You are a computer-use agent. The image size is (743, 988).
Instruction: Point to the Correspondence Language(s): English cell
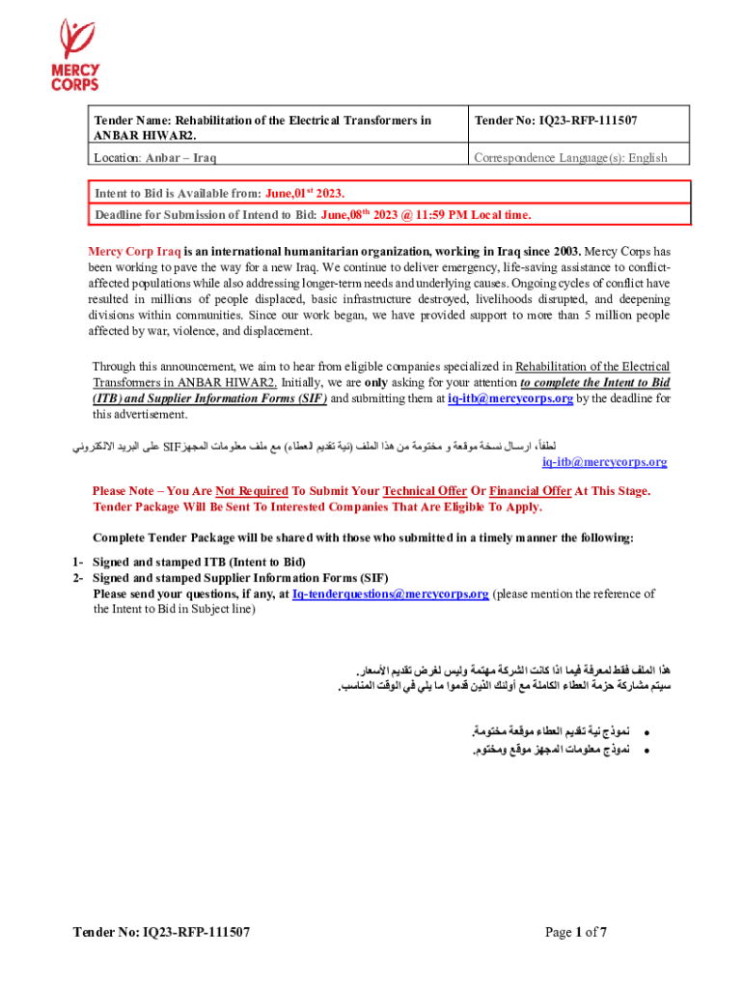(x=569, y=157)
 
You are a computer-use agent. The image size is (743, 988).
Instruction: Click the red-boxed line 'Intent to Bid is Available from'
(x=219, y=193)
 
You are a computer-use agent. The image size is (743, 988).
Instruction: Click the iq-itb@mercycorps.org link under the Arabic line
(x=605, y=462)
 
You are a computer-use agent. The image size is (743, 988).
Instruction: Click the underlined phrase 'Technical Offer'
(x=425, y=491)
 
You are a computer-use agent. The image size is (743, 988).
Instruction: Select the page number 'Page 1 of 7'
(x=575, y=932)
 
